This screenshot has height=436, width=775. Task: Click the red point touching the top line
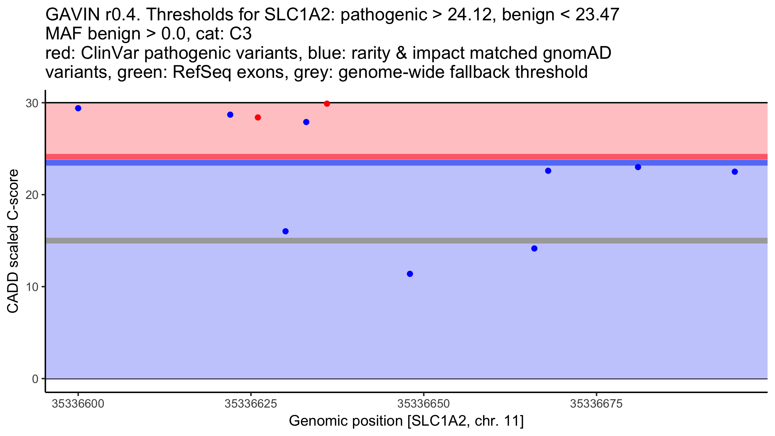327,104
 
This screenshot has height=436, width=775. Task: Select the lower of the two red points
258,118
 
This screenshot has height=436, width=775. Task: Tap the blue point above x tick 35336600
78,108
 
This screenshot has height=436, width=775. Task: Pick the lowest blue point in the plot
410,274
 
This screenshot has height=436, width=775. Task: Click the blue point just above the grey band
285,231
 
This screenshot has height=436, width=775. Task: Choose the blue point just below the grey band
534,248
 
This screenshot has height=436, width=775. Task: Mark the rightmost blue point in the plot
735,171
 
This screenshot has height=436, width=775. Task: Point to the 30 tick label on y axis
32,103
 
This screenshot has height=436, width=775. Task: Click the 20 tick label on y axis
32,195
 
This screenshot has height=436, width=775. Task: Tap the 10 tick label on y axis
32,287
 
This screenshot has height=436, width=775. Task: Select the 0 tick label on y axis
35,379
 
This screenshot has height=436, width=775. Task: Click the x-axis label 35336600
78,404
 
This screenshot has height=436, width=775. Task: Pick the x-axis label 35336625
251,404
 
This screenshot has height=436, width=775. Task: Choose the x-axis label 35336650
424,404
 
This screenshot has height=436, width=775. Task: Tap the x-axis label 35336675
596,404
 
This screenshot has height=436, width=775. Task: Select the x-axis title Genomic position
406,421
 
